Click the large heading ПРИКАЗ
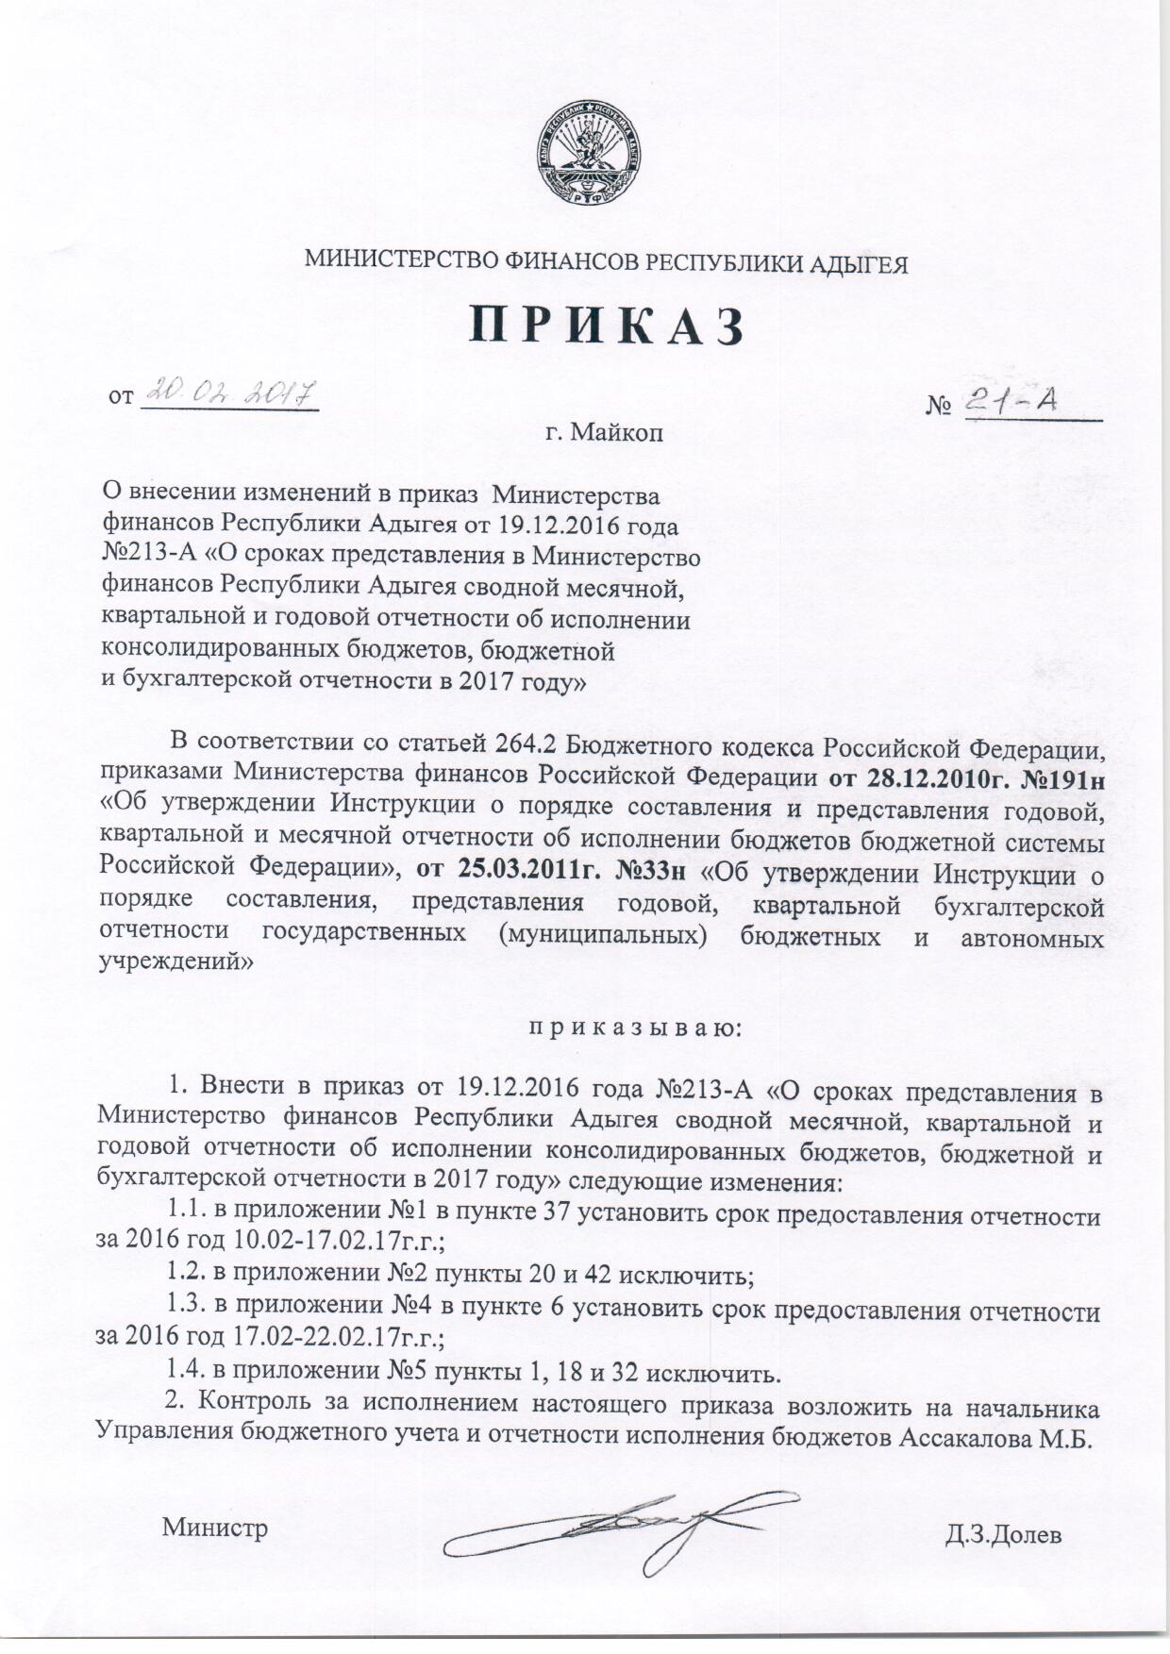point(608,326)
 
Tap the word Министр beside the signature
point(215,1528)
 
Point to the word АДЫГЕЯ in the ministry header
point(859,264)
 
